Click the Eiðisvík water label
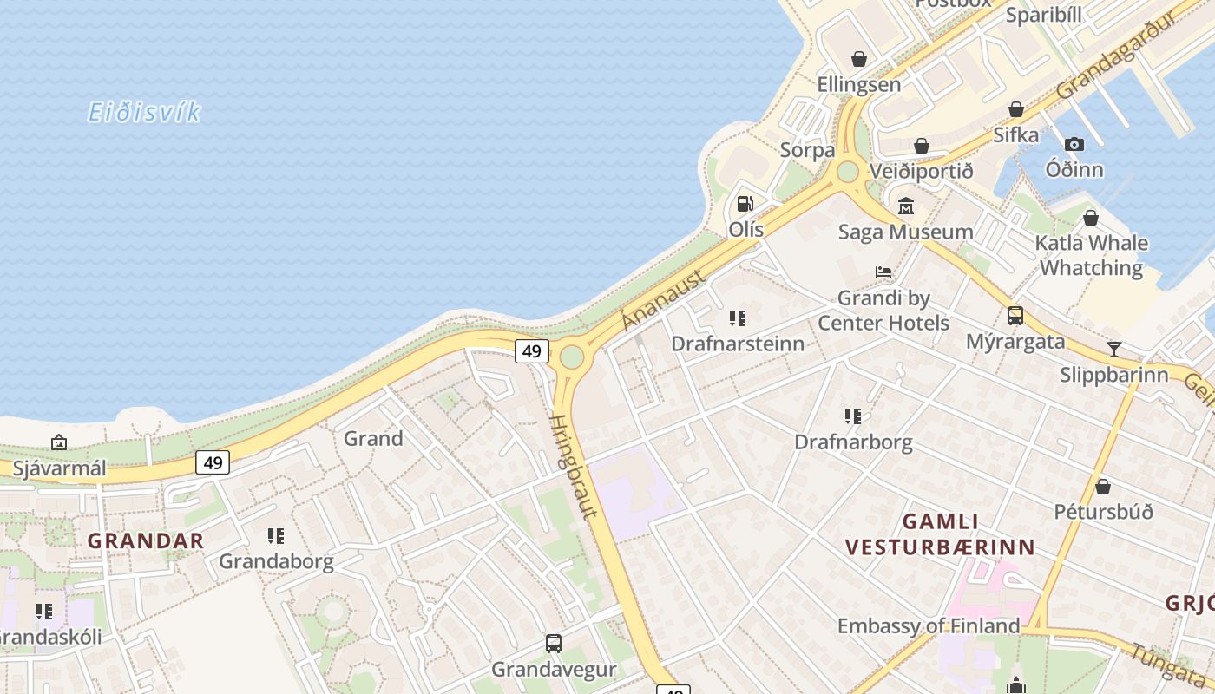pos(144,112)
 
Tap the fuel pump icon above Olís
pos(745,204)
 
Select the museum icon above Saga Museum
pos(906,206)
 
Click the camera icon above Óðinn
pos(1074,144)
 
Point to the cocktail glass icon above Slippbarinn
pos(1114,349)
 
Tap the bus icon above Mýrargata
pos(1015,316)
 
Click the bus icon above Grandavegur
pos(554,644)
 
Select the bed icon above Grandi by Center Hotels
pos(883,272)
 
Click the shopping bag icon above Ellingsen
pos(859,59)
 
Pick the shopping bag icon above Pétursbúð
pos(1103,487)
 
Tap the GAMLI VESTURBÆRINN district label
pos(941,534)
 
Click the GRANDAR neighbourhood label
pos(146,540)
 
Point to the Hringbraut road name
pos(574,466)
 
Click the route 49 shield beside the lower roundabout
pos(532,350)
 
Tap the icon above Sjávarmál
pos(59,443)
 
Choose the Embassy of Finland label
pos(929,625)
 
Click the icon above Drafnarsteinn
pos(738,318)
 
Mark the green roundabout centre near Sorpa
pos(847,172)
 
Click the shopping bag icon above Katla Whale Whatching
pos(1091,218)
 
